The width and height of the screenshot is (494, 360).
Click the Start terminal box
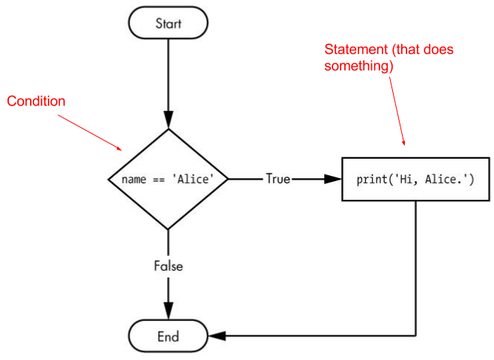pos(168,23)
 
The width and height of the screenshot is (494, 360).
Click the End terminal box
pos(168,336)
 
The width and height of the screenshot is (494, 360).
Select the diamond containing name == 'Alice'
pos(168,180)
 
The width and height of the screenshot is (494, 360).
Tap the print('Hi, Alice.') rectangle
pos(415,180)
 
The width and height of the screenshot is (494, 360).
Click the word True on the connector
pos(278,180)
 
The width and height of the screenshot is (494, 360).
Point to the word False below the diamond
pos(168,266)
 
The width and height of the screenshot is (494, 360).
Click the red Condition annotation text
pos(37,101)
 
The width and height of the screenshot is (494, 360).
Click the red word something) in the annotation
pos(359,66)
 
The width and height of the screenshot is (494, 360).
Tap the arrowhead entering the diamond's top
pos(168,120)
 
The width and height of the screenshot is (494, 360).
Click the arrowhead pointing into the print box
pos(333,180)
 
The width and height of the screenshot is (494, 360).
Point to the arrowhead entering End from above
pos(168,311)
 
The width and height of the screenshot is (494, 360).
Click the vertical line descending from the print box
pos(415,269)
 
